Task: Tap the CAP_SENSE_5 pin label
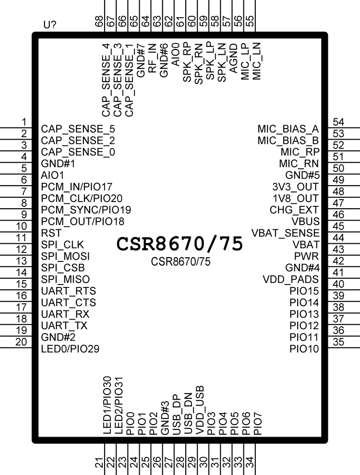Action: click(78, 129)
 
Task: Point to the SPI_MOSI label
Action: click(65, 256)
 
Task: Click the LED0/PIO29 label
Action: click(70, 349)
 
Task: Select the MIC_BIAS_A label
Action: click(288, 129)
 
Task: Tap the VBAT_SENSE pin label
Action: click(285, 233)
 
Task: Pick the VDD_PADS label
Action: click(290, 279)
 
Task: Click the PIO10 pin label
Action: click(304, 349)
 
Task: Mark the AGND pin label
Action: click(234, 58)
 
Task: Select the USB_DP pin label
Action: click(177, 415)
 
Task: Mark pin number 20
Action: click(21, 342)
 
